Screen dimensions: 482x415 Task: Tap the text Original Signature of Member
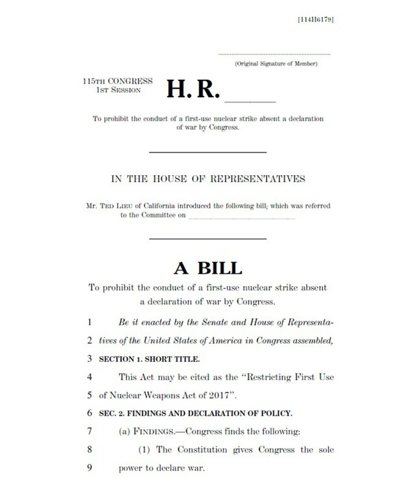(x=276, y=63)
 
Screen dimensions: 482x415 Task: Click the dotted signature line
(x=274, y=54)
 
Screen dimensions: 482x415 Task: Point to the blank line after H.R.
(x=250, y=101)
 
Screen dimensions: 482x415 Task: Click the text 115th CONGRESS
(x=117, y=81)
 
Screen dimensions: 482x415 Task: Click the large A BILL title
(x=207, y=267)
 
